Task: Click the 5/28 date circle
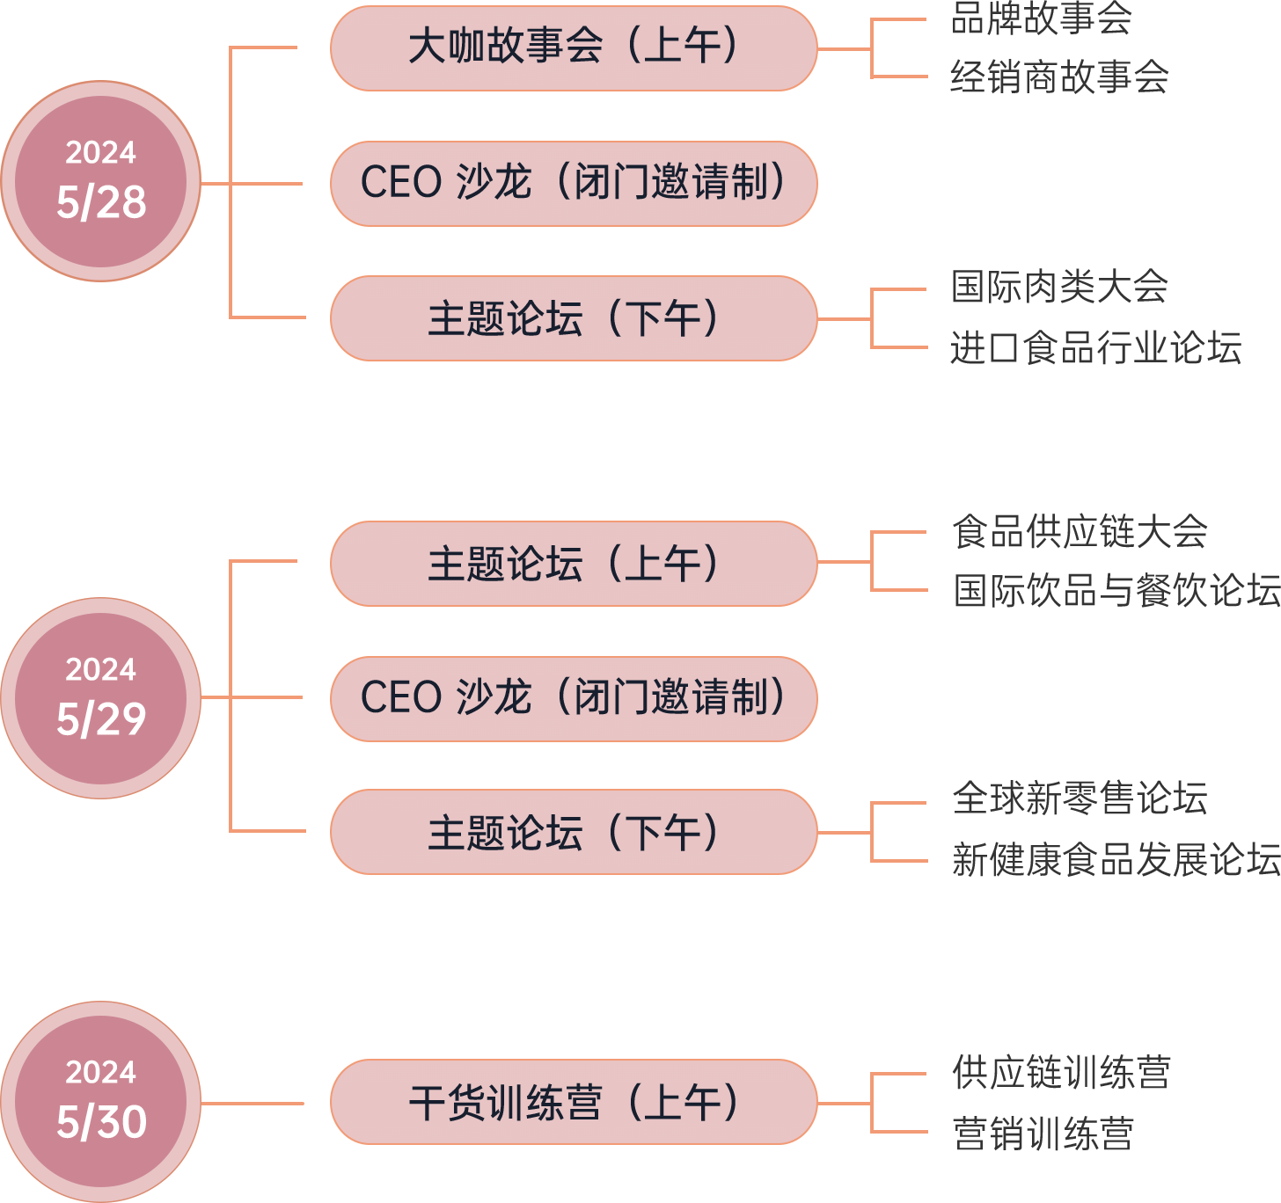pos(101,181)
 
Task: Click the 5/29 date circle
pos(101,698)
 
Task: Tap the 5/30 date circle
pos(101,1101)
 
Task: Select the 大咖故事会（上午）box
pos(574,47)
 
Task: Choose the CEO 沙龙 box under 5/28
pos(574,183)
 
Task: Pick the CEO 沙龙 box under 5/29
pos(574,698)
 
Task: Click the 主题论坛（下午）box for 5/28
pos(574,318)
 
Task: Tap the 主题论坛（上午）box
pos(574,564)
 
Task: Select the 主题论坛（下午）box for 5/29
pos(574,832)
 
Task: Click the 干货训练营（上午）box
pos(574,1102)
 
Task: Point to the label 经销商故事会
pos(1059,77)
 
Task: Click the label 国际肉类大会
pos(1059,288)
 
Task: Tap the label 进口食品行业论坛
pos(1095,348)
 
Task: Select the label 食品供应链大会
pos(1080,532)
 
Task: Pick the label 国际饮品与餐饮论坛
pos(1116,591)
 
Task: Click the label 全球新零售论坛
pos(1080,799)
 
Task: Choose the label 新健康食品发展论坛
pos(1116,860)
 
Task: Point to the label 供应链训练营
pos(1061,1073)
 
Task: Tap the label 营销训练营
pos(1043,1134)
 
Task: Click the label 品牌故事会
pos(1041,18)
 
